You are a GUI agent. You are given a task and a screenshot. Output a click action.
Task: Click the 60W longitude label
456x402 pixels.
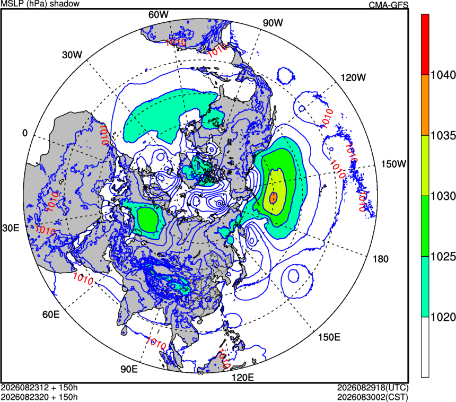tap(158, 14)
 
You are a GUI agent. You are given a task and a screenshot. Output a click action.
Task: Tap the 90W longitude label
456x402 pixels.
tap(273, 23)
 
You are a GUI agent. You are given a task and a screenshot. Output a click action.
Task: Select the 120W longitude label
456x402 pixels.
tap(353, 77)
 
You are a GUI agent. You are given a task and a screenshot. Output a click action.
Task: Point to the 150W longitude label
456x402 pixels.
tap(393, 164)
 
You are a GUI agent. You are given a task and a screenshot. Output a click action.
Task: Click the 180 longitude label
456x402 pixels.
tap(380, 259)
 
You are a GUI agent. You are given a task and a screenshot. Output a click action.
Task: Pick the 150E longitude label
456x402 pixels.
tap(329, 337)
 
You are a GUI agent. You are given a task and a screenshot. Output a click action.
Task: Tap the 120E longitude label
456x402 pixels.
tap(242, 378)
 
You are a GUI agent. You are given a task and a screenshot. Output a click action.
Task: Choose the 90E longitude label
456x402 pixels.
tap(129, 369)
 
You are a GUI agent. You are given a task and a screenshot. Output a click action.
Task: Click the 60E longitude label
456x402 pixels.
tap(51, 314)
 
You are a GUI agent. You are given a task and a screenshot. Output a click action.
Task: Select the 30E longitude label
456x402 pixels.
tap(11, 228)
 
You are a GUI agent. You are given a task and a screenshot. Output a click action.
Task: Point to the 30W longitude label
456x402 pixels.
tap(72, 55)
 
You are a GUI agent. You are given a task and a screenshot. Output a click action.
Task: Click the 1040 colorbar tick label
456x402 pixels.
tap(443, 75)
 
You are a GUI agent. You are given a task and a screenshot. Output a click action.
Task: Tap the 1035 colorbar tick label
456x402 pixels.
tap(443, 136)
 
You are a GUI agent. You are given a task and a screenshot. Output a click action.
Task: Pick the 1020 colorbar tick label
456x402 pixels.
tap(443, 317)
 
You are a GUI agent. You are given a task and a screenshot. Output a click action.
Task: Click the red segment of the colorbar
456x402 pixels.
tap(425, 45)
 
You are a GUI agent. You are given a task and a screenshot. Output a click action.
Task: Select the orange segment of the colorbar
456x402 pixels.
tap(425, 105)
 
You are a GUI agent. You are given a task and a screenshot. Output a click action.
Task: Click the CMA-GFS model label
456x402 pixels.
tap(389, 5)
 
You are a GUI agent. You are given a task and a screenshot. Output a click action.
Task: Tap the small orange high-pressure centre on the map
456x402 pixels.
tap(273, 198)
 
